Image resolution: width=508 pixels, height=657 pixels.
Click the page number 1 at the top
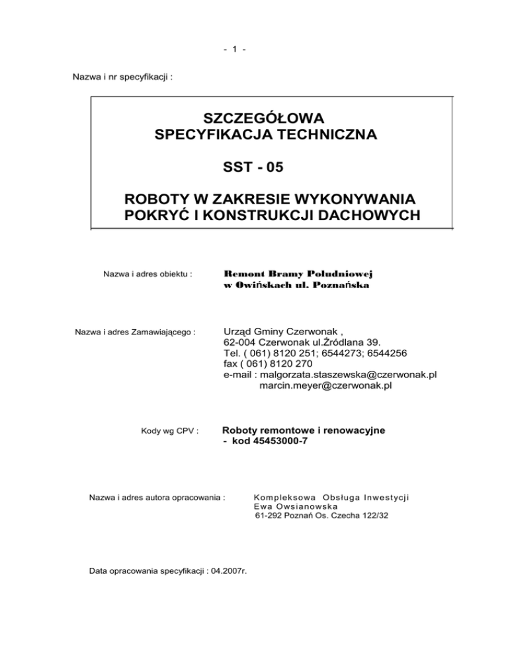[x=254, y=50]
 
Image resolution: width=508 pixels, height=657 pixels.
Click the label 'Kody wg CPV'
[x=171, y=432]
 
